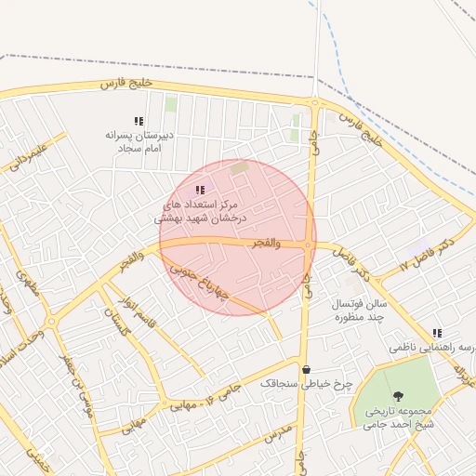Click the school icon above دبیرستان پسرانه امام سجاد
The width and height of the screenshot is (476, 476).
(x=139, y=121)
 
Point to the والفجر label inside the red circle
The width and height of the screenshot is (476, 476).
(x=265, y=242)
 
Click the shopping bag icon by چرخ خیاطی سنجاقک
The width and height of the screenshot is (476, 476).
(x=306, y=369)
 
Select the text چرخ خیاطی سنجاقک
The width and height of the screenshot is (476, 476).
(x=293, y=383)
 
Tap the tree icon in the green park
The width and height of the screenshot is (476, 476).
(x=399, y=396)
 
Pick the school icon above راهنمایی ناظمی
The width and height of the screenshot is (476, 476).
(x=437, y=333)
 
